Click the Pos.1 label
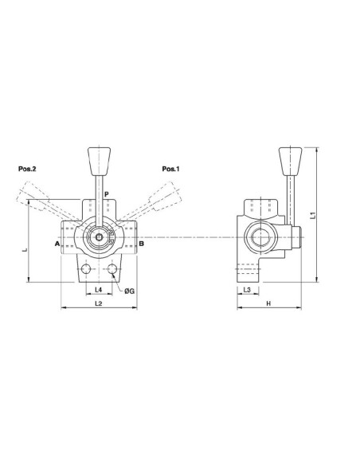point(171,169)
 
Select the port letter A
point(57,243)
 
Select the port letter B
point(141,243)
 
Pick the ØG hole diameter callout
point(129,291)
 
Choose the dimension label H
point(268,304)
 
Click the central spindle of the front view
point(98,238)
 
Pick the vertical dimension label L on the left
point(25,250)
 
